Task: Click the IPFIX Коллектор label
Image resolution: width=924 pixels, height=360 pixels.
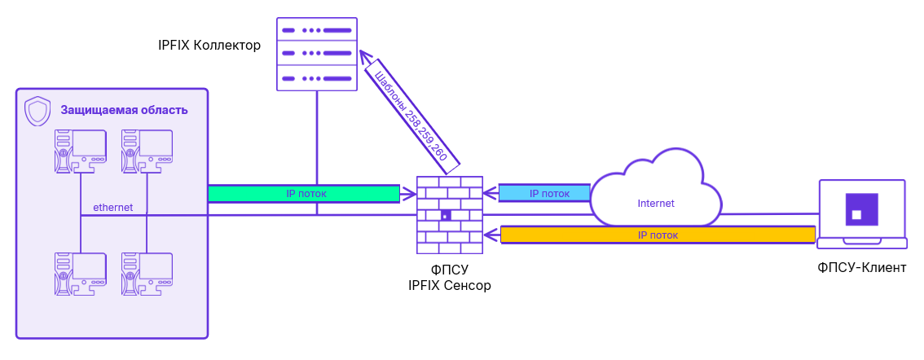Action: pos(209,46)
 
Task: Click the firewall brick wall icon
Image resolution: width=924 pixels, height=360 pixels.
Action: pos(449,214)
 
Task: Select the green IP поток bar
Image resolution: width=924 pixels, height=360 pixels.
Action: pos(306,194)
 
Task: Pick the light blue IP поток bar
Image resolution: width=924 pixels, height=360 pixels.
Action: pos(544,194)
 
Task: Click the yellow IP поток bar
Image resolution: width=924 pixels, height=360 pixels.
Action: pos(658,235)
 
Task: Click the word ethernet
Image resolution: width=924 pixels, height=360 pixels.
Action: pos(112,208)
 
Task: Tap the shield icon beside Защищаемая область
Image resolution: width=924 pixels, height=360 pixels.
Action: pos(38,111)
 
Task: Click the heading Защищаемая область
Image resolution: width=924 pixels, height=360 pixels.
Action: pos(124,111)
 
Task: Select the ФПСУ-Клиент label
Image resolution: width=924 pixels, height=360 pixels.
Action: pos(861,267)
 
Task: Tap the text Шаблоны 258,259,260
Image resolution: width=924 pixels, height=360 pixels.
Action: pos(411,115)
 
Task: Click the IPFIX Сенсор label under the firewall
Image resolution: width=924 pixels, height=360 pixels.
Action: pos(449,285)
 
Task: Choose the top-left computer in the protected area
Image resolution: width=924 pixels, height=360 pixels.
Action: pos(80,151)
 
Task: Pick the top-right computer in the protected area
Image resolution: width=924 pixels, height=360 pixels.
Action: pos(147,151)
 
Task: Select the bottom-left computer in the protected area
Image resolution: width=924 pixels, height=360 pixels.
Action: pos(80,274)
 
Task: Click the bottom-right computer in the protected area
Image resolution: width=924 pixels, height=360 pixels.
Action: pos(147,274)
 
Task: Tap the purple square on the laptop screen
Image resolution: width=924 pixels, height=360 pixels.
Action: pos(861,209)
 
